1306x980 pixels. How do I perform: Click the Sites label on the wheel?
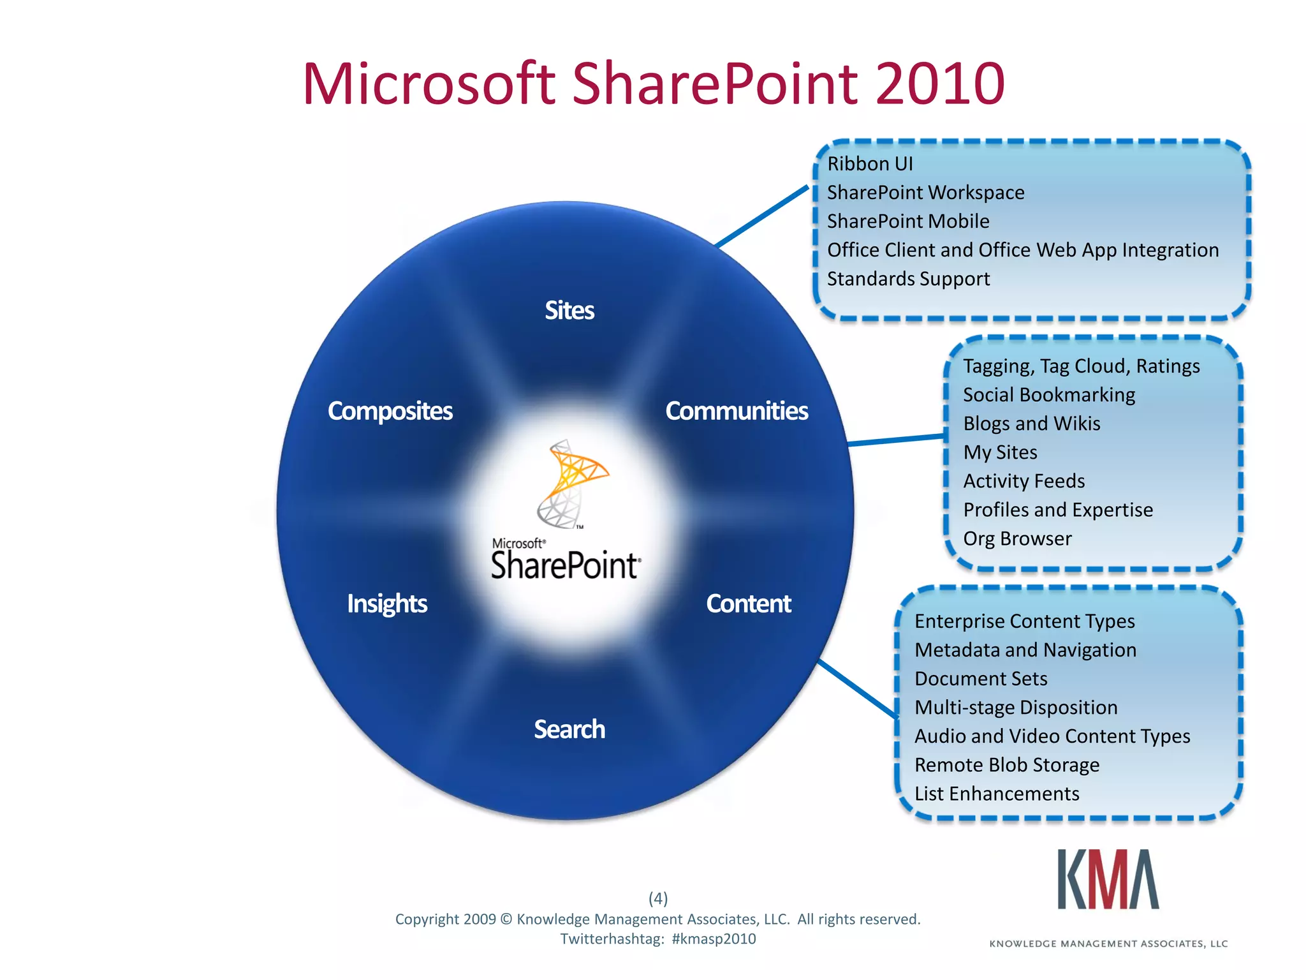tap(569, 311)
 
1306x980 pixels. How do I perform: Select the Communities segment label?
tap(737, 411)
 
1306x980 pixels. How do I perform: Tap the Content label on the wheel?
tap(748, 604)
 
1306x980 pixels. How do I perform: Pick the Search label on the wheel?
tap(569, 729)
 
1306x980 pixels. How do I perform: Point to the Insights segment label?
tap(387, 604)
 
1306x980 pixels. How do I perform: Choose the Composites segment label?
tap(390, 411)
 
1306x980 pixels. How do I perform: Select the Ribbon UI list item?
tap(870, 164)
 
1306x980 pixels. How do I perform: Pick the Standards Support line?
tap(908, 279)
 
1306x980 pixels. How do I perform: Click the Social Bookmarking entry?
tap(1049, 395)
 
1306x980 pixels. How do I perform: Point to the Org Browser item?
tap(1017, 538)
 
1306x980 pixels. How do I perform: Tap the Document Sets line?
tap(981, 679)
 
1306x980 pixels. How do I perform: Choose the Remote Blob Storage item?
tap(1007, 765)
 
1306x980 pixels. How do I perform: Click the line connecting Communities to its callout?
tap(896, 440)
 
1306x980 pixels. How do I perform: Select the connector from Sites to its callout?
tap(762, 216)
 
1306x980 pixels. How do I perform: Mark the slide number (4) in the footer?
tap(658, 898)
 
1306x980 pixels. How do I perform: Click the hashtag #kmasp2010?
tap(714, 939)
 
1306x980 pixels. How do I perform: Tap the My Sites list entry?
tap(1000, 452)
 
